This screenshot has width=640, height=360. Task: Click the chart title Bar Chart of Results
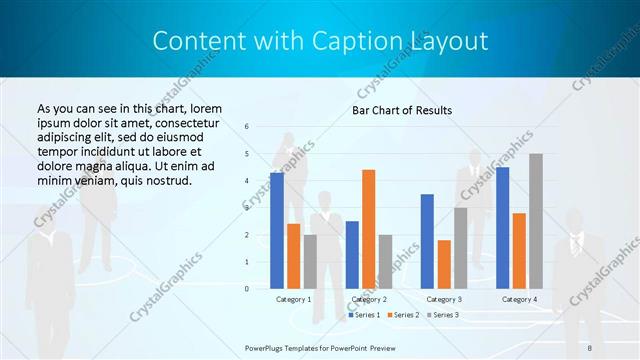(x=401, y=110)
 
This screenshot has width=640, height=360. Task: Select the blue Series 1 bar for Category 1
(x=277, y=230)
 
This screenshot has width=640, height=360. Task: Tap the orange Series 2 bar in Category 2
(x=368, y=229)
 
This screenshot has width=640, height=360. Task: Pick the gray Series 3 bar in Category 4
(x=536, y=221)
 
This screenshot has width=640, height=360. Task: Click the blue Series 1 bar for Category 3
(x=427, y=241)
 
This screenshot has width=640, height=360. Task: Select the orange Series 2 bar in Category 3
(x=444, y=264)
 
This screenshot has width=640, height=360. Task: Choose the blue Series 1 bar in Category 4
(x=502, y=227)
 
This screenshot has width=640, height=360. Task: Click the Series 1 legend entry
(x=364, y=315)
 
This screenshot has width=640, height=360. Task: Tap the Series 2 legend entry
(x=402, y=315)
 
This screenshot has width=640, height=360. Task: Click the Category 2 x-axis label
(x=368, y=299)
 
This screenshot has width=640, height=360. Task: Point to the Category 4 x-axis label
(x=519, y=299)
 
